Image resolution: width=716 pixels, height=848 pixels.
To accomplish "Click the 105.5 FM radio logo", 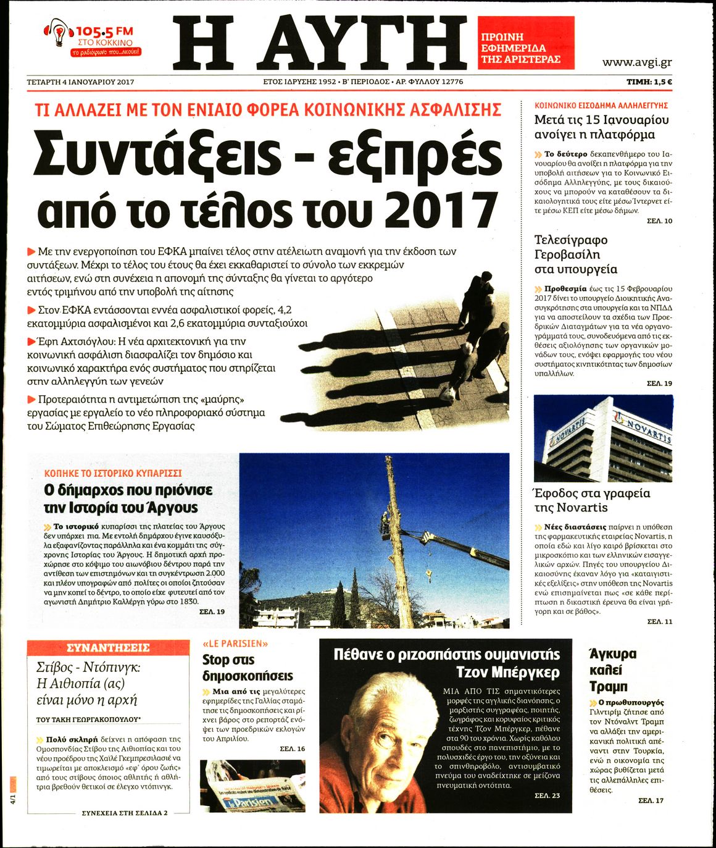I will [93, 39].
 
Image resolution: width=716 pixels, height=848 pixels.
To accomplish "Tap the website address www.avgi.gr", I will [637, 62].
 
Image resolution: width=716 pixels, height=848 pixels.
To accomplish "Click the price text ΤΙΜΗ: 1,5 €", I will [649, 82].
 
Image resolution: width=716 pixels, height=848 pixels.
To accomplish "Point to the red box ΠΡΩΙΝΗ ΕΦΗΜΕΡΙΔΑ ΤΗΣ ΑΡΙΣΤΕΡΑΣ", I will [526, 43].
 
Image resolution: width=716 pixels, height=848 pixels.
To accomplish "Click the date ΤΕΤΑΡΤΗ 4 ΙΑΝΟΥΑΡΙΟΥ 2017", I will [81, 82].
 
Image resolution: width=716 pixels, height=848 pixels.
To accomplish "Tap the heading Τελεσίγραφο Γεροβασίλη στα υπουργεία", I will [575, 254].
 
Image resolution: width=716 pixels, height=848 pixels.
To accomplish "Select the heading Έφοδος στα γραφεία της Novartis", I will [592, 500].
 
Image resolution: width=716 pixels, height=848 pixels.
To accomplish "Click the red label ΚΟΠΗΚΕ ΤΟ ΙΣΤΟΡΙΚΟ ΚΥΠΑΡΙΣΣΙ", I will [113, 473].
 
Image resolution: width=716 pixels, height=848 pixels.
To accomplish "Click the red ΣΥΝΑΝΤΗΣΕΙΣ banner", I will [108, 648].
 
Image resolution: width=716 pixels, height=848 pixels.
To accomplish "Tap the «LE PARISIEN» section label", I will [235, 644].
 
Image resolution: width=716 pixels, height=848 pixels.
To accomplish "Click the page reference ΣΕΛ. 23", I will [547, 796].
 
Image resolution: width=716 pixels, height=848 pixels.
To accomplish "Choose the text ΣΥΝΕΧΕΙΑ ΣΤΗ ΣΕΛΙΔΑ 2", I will [125, 813].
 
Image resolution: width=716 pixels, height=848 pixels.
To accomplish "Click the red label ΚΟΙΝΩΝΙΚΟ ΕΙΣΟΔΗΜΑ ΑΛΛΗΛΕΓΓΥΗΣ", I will [601, 106].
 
